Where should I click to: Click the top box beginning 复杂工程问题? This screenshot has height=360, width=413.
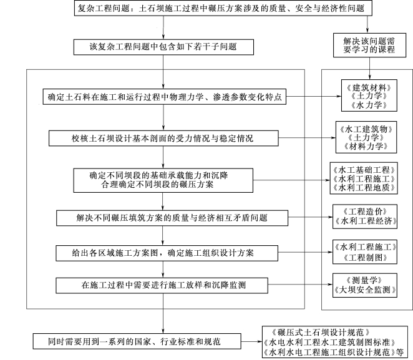pyautogui.click(x=223, y=8)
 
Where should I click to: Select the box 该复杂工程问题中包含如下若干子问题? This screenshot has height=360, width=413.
pyautogui.click(x=163, y=47)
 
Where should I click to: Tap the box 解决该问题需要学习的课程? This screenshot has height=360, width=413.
pyautogui.click(x=369, y=45)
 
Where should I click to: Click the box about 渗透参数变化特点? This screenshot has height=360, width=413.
pyautogui.click(x=165, y=97)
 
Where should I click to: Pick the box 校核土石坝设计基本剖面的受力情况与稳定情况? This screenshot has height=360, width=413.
pyautogui.click(x=163, y=139)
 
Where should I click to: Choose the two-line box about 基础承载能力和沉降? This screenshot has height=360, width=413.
pyautogui.click(x=163, y=180)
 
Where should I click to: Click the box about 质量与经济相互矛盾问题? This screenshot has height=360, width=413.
pyautogui.click(x=172, y=218)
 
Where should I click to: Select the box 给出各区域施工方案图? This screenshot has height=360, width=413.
pyautogui.click(x=167, y=253)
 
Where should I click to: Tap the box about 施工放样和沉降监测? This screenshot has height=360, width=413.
pyautogui.click(x=162, y=286)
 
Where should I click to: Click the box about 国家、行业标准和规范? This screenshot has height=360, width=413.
pyautogui.click(x=137, y=341)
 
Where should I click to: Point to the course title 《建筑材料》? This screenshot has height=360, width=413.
pyautogui.click(x=369, y=88)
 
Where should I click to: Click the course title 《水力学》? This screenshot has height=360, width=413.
pyautogui.click(x=369, y=105)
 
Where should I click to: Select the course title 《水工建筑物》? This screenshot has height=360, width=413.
pyautogui.click(x=366, y=129)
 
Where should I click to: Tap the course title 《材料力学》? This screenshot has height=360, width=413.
pyautogui.click(x=366, y=146)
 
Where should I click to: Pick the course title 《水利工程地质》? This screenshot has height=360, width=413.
pyautogui.click(x=364, y=188)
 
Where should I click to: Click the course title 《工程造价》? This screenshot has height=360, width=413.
pyautogui.click(x=365, y=212)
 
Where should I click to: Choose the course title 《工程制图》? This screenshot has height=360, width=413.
pyautogui.click(x=365, y=257)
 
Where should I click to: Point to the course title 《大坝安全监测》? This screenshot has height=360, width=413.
pyautogui.click(x=365, y=290)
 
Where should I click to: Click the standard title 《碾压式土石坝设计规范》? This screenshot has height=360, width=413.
pyautogui.click(x=321, y=333)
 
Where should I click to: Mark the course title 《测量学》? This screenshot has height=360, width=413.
pyautogui.click(x=365, y=280)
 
